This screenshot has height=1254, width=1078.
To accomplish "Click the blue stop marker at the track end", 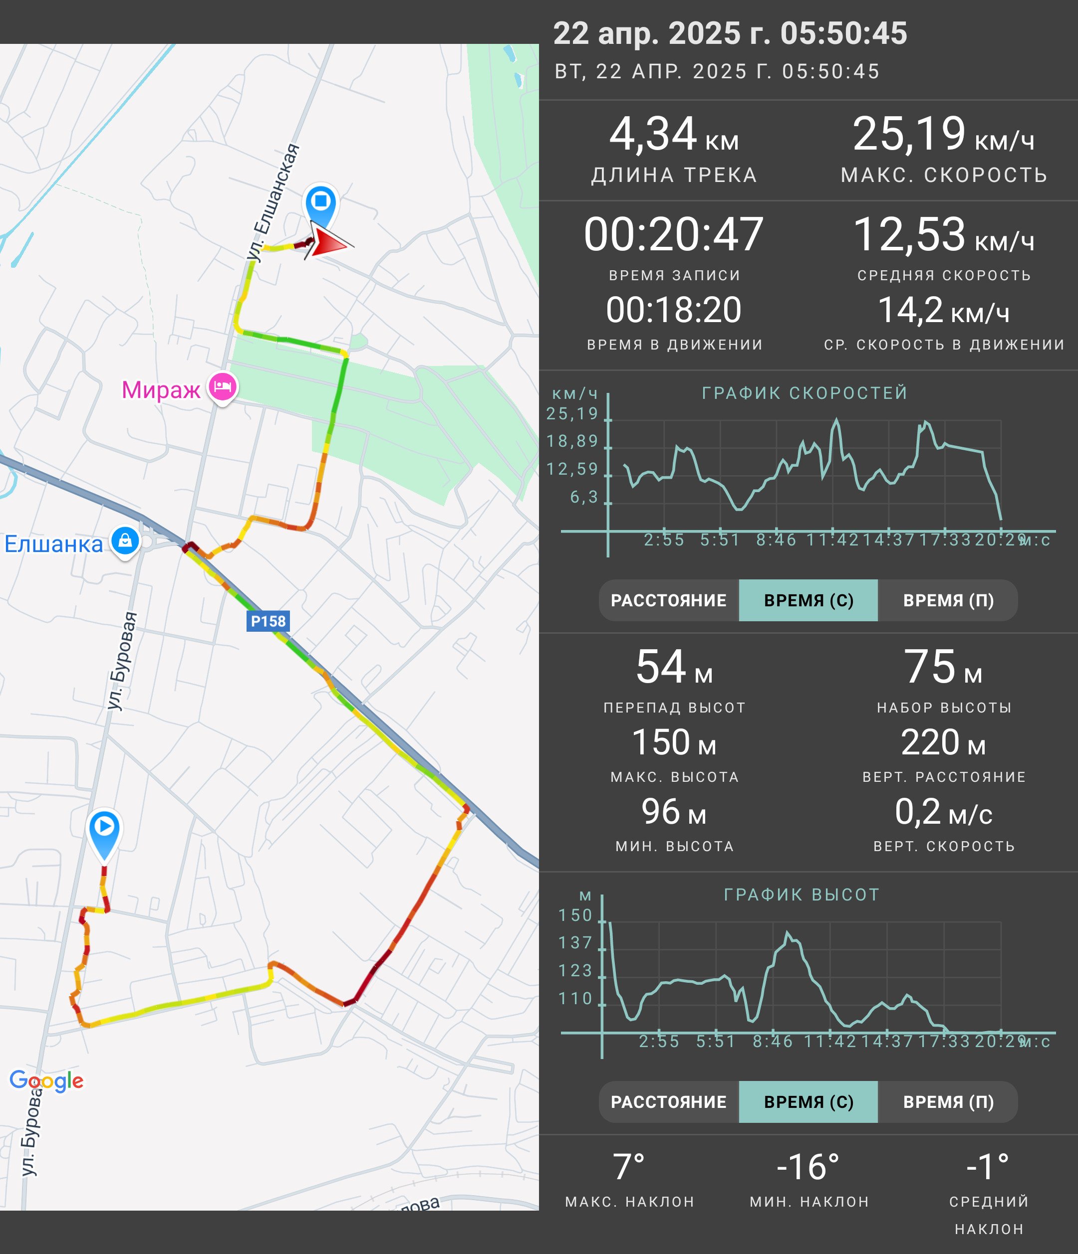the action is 321,204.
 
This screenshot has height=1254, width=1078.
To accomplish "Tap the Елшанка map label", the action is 53,543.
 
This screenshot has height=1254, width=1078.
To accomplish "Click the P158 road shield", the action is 268,621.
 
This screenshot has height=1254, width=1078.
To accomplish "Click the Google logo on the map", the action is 46,1080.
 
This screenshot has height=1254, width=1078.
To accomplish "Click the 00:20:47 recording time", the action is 673,234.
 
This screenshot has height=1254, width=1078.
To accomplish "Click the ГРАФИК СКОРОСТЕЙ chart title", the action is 805,393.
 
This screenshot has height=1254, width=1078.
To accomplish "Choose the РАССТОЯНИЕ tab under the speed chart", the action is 669,600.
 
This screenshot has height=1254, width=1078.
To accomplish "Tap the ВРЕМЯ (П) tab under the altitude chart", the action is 948,1102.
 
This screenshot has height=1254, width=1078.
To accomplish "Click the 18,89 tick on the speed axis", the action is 572,441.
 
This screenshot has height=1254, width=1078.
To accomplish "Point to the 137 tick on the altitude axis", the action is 575,943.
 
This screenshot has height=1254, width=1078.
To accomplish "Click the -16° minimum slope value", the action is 808,1167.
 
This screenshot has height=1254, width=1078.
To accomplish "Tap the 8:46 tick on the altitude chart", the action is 773,1042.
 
